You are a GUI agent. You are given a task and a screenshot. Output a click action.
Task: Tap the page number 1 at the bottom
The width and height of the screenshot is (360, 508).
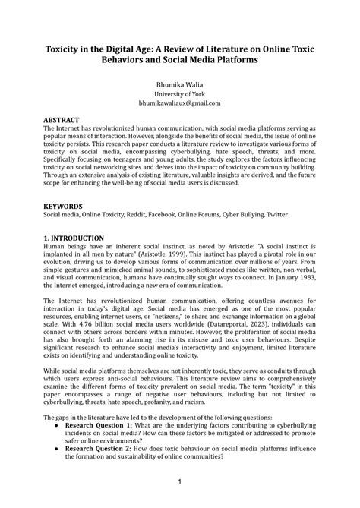[x=179, y=481]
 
